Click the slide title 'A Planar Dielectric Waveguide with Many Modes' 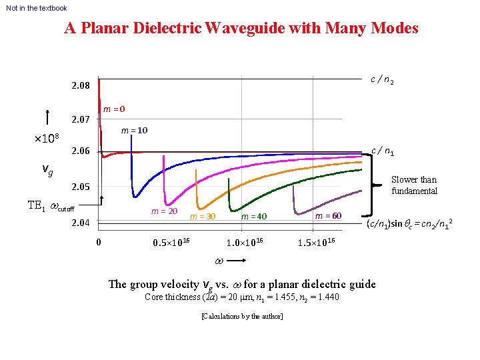[241, 29]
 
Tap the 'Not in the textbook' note [37, 8]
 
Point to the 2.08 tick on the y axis [81, 86]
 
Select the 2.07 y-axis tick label [81, 120]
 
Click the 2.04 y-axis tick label [81, 223]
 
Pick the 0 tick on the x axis [99, 242]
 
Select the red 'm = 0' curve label [113, 109]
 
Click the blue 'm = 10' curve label [134, 131]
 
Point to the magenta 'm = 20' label [164, 211]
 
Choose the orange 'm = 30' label [203, 217]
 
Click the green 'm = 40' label [254, 217]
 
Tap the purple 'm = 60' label [328, 216]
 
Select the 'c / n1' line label [383, 152]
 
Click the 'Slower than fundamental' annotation [413, 185]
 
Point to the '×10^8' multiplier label [47, 139]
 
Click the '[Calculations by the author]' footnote [241, 316]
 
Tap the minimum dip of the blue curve [135, 195]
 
